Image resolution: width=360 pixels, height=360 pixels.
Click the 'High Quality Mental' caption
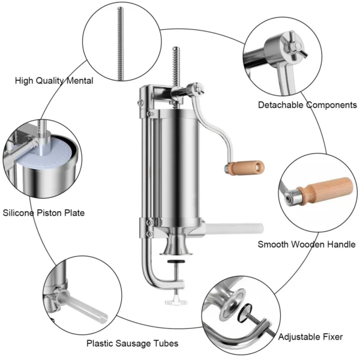pyautogui.click(x=54, y=80)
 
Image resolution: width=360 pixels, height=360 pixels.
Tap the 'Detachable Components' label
pyautogui.click(x=307, y=105)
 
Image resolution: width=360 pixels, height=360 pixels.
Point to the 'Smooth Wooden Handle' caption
pyautogui.click(x=307, y=244)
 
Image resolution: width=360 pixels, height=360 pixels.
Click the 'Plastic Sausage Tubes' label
pyautogui.click(x=132, y=344)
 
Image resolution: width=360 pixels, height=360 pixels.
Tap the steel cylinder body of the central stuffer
pyautogui.click(x=180, y=162)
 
